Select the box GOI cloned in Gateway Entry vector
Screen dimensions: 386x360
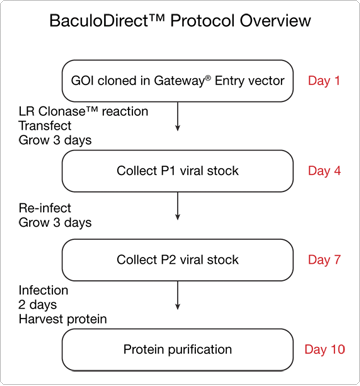[x=180, y=80]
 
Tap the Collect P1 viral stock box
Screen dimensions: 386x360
[x=180, y=170]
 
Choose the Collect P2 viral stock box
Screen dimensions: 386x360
[x=180, y=260]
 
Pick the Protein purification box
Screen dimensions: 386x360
[x=180, y=350]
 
